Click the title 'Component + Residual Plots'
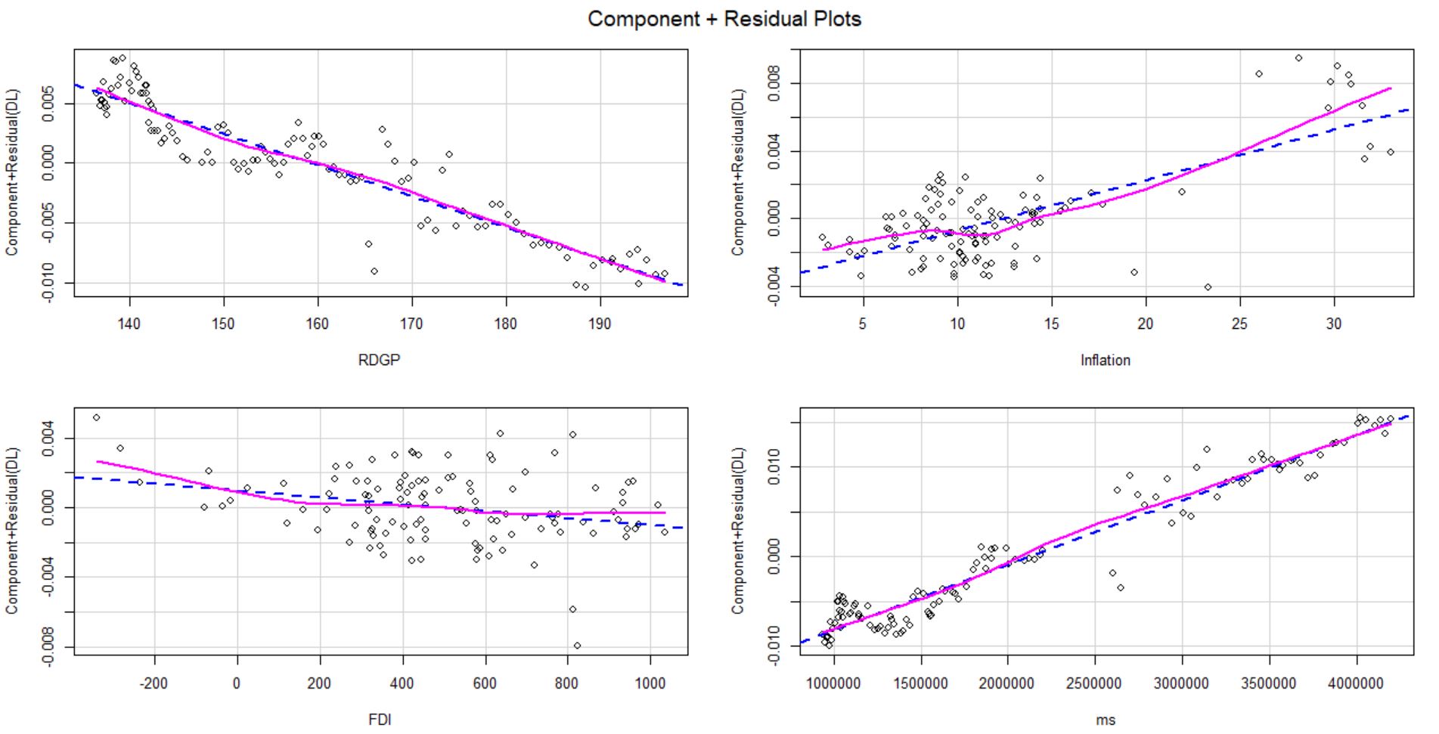(x=724, y=19)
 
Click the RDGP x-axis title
(x=379, y=361)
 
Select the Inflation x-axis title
(x=1105, y=361)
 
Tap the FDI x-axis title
(x=380, y=719)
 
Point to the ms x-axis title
(x=1106, y=719)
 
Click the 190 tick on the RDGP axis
(x=600, y=324)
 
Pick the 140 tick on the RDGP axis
(x=129, y=324)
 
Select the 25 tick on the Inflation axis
(x=1239, y=324)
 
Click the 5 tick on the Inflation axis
(x=863, y=324)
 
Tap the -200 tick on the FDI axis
(x=154, y=683)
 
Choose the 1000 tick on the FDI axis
(x=650, y=683)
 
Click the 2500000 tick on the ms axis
(x=1094, y=683)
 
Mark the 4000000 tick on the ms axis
(x=1356, y=683)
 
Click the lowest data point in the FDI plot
(x=578, y=646)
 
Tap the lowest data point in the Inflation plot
(x=1208, y=287)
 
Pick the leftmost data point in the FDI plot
(x=96, y=417)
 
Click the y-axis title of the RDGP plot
(x=13, y=172)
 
